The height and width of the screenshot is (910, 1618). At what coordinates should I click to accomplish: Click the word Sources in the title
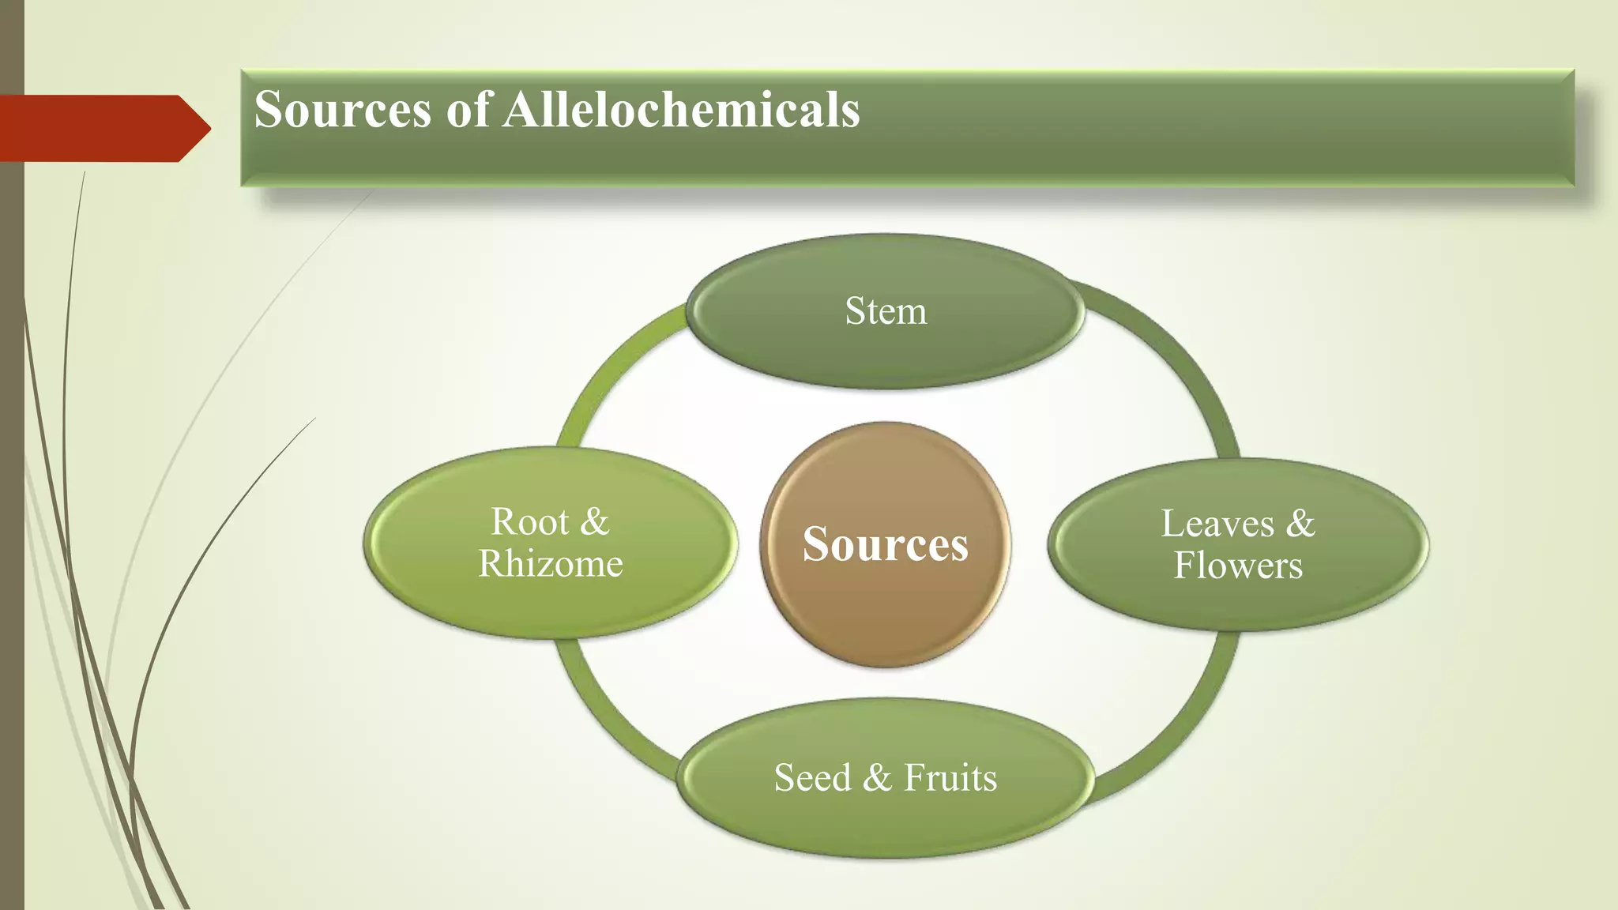click(x=342, y=109)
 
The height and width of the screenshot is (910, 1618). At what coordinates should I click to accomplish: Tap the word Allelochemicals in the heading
click(x=681, y=109)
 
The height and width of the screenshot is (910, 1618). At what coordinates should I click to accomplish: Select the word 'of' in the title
click(x=469, y=109)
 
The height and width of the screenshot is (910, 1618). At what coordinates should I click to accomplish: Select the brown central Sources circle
click(x=885, y=600)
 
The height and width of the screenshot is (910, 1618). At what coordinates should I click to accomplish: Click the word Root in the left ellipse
click(x=529, y=522)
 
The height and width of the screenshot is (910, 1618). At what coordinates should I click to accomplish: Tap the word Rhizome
click(x=551, y=564)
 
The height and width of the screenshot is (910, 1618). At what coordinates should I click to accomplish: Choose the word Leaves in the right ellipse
click(x=1217, y=524)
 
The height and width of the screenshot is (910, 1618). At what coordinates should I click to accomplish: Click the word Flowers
click(x=1237, y=566)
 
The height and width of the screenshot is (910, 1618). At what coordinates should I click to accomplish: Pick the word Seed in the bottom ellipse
click(x=812, y=777)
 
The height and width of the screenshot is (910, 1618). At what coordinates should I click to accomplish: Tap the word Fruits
click(x=950, y=777)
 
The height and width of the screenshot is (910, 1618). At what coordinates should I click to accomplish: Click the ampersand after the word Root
click(x=594, y=522)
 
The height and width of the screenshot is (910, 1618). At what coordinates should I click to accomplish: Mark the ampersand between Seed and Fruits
click(x=877, y=778)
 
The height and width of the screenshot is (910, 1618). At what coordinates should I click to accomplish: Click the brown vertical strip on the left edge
click(x=11, y=553)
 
